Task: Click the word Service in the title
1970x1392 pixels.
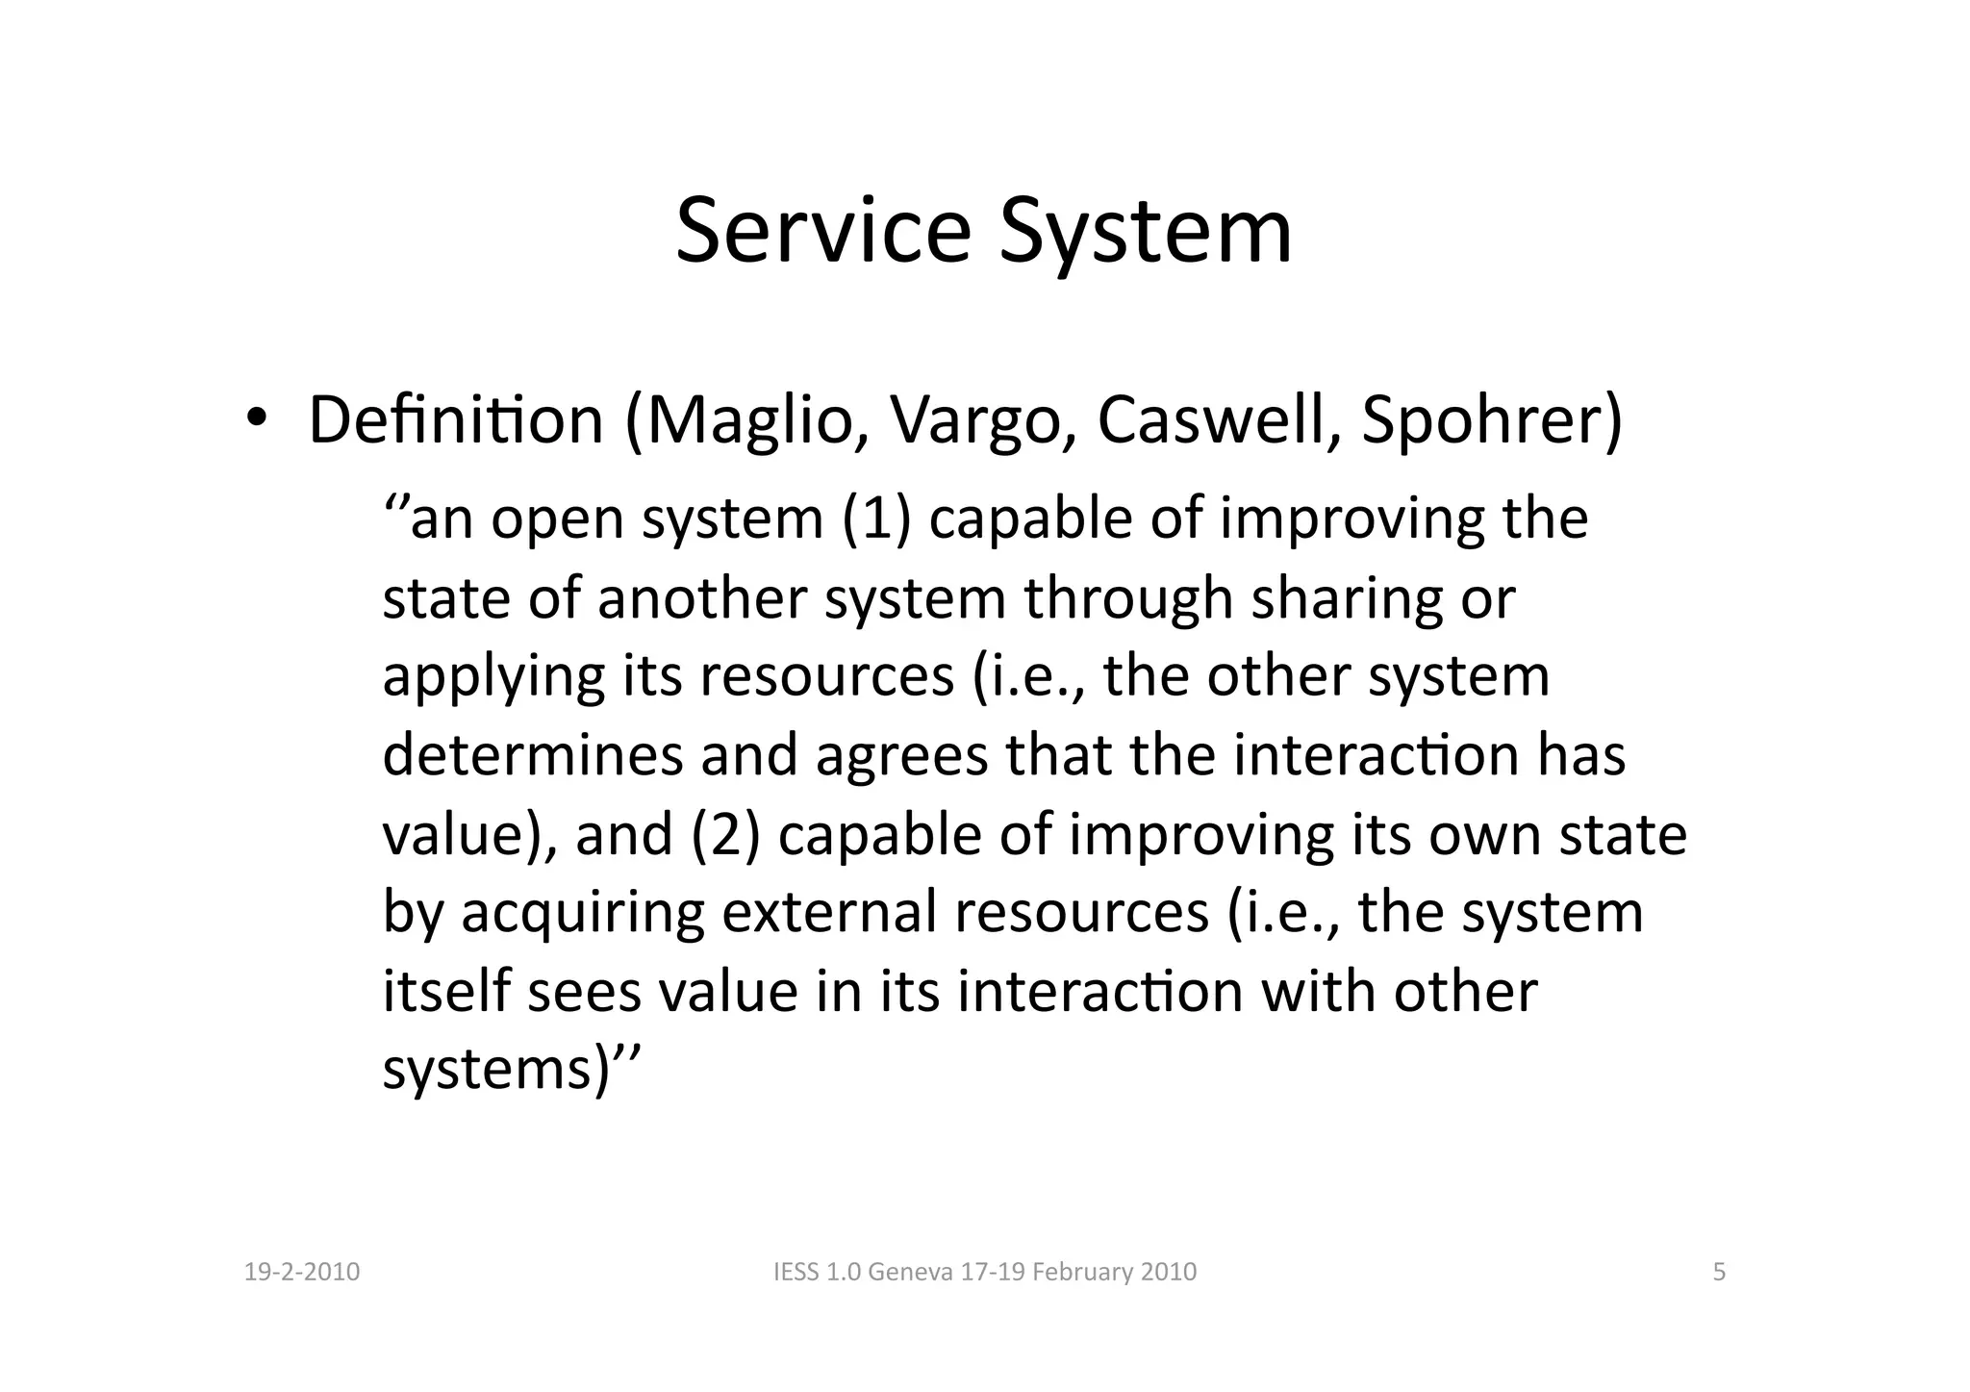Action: [822, 232]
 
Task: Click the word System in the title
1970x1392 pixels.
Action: [1146, 232]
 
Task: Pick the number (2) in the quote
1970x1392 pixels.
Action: [724, 834]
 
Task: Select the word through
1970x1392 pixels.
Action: [1128, 598]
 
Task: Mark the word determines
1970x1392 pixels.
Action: [532, 755]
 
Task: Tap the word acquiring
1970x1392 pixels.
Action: [583, 913]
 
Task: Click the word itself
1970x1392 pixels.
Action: [446, 991]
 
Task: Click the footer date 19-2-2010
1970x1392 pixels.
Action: [302, 1273]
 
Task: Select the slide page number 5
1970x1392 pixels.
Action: [1720, 1273]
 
